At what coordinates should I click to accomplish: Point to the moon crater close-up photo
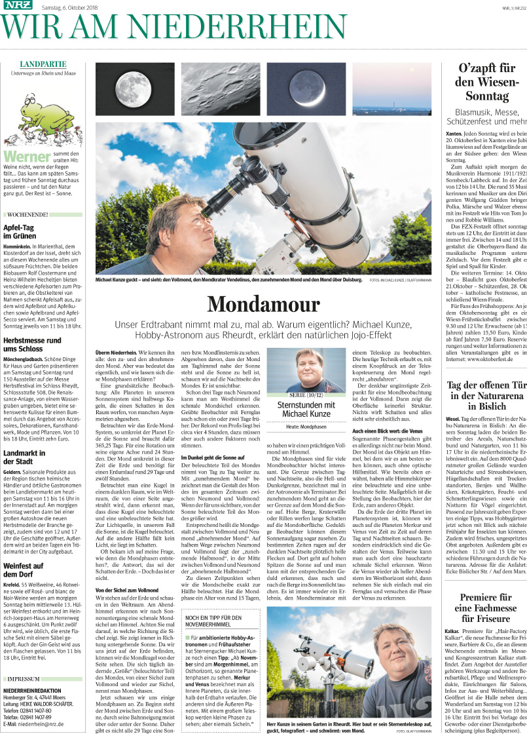220,88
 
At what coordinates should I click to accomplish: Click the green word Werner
27,156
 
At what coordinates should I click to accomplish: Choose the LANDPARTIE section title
43,64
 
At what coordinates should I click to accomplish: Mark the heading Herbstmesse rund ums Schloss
32,345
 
